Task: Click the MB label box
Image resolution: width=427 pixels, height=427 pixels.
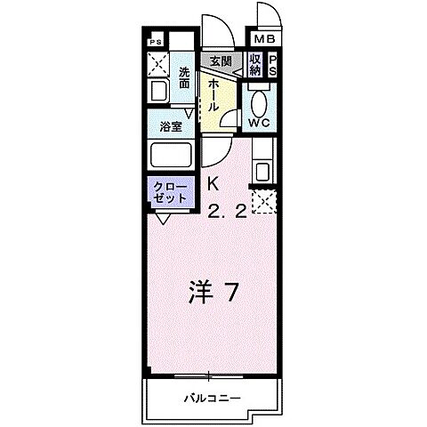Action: click(265, 40)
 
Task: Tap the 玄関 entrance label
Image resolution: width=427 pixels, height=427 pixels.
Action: click(221, 60)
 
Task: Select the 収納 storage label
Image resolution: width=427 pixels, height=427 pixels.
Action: click(255, 65)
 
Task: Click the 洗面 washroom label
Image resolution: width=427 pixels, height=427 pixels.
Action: click(184, 77)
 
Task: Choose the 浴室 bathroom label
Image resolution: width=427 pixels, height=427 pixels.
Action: click(172, 126)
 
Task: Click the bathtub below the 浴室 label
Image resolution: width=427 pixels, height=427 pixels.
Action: click(172, 155)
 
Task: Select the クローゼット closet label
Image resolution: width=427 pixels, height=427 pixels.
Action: click(170, 192)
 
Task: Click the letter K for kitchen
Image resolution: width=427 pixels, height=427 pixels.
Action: click(213, 186)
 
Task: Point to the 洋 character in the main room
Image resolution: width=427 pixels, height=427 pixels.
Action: click(201, 293)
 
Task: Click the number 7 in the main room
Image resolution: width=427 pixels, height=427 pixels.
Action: click(231, 293)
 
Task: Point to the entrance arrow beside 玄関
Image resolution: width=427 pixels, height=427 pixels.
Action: click(238, 62)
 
